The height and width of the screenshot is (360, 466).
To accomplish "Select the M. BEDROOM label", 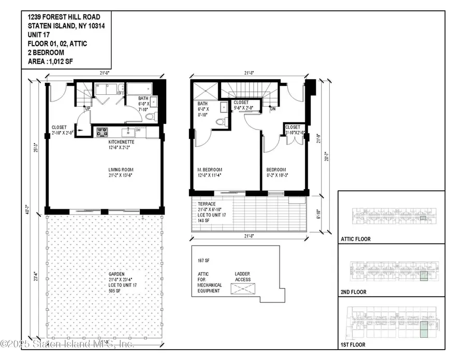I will pos(210,170).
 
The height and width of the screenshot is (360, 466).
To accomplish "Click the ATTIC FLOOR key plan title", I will pos(357,240).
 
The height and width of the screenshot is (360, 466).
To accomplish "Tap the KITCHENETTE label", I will pos(122,141).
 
